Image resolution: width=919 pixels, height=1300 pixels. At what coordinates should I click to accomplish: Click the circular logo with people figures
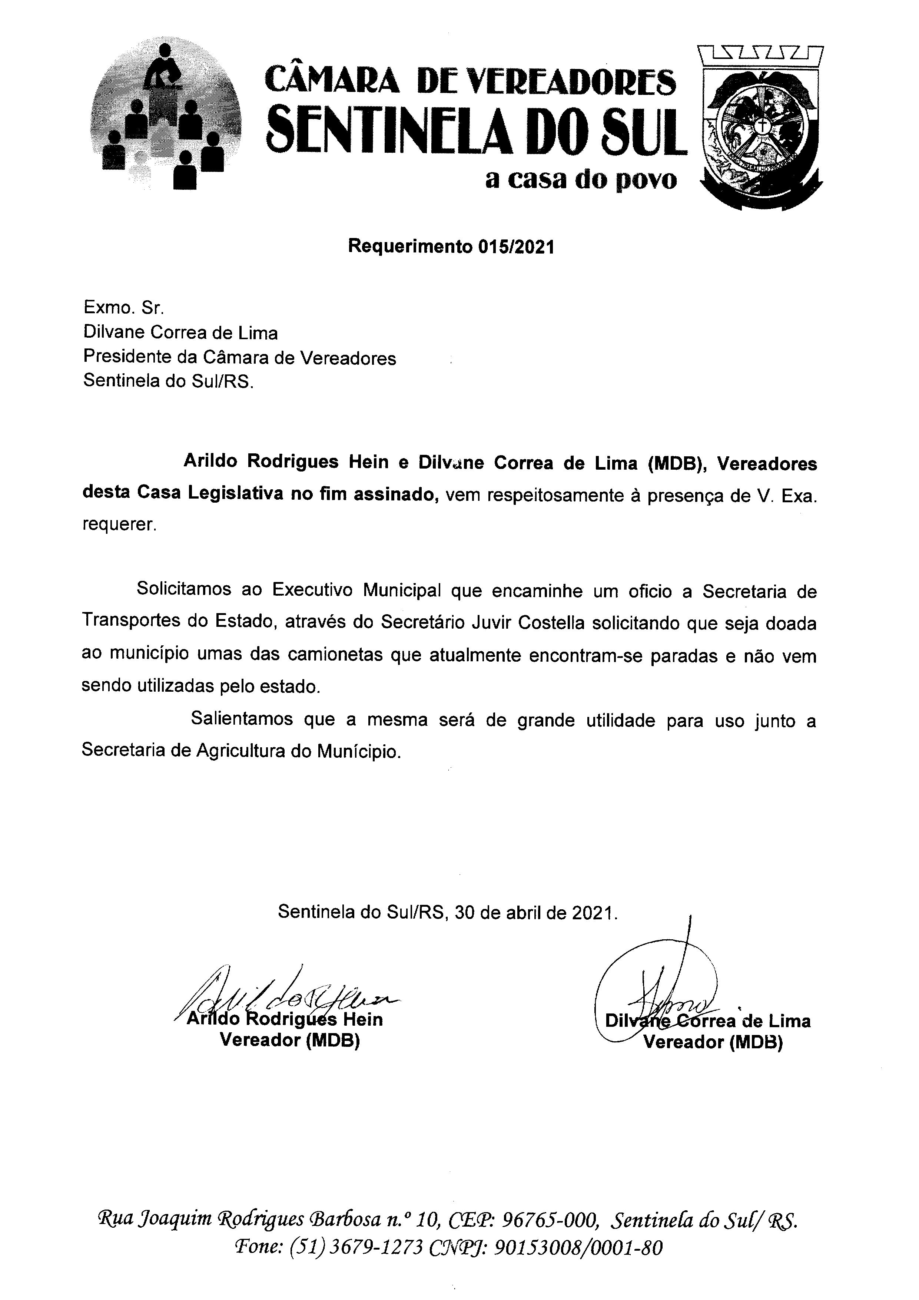click(165, 119)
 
